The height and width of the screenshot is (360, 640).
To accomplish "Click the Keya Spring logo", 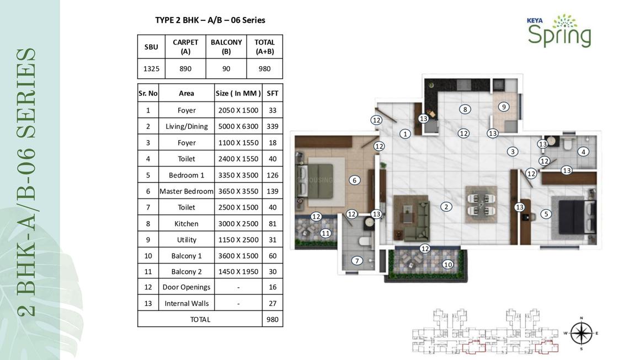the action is point(559,30).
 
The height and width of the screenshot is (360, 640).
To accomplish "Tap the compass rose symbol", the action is point(581,333).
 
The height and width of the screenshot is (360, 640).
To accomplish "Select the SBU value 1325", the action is point(151,68).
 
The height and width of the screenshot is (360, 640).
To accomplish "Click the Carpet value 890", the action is point(185,68).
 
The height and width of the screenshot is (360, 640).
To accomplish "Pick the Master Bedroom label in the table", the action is point(186,191).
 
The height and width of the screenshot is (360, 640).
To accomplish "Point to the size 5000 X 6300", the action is point(238,126).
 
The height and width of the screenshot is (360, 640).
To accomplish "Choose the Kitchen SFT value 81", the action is point(272,223).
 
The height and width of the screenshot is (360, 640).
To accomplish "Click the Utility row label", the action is point(186,240).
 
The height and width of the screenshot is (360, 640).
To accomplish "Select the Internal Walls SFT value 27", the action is point(272,303).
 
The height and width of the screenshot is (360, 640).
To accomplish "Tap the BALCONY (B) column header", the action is point(226,46).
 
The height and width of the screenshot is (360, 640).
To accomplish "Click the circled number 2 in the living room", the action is point(446,207).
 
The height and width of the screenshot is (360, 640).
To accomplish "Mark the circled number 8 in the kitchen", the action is point(465,109).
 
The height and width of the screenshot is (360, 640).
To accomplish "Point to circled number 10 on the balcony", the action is point(448,264).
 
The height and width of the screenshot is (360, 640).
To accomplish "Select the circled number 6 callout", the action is point(354,180).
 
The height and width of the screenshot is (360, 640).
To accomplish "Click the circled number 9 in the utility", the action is point(504,107).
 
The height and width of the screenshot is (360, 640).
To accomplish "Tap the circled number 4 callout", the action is point(583,152).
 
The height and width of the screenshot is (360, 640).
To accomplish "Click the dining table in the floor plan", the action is point(481,205).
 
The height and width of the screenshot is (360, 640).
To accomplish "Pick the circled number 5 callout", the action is point(546,214).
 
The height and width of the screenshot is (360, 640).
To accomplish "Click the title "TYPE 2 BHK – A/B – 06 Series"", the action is point(210,20).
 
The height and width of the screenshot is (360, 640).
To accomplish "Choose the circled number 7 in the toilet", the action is point(357,261).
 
